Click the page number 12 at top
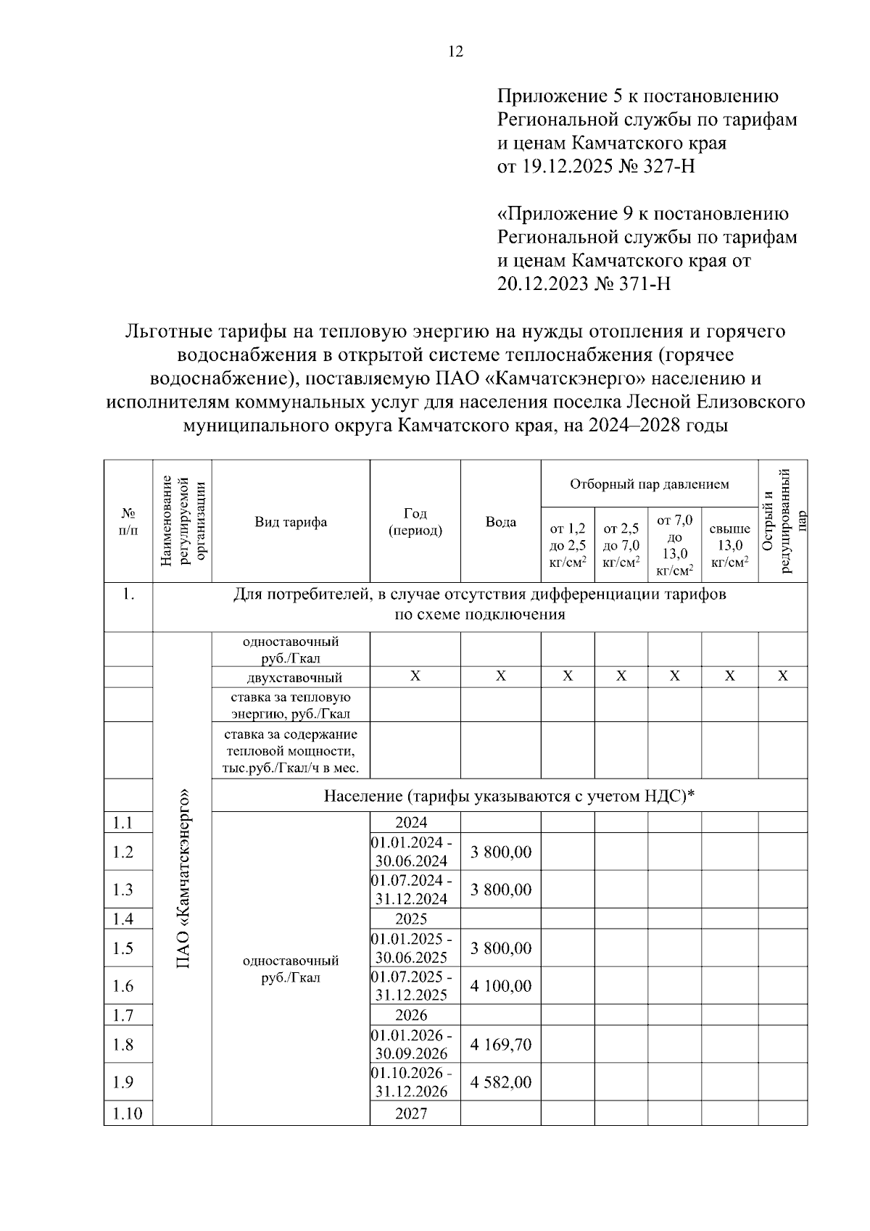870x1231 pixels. (456, 52)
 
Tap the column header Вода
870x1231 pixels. (500, 522)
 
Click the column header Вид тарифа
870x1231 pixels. (291, 522)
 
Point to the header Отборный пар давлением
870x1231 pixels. (649, 484)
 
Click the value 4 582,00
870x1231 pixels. (500, 1082)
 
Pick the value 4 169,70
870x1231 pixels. (500, 1045)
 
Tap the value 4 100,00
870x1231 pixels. (500, 986)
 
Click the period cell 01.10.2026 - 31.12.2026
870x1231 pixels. (411, 1082)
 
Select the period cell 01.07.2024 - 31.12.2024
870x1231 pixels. (411, 890)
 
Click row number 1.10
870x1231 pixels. (128, 1114)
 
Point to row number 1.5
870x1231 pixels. (123, 948)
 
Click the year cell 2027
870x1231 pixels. (411, 1114)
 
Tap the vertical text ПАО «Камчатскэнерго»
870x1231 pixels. (183, 878)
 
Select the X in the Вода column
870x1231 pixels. (500, 676)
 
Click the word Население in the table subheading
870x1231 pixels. (362, 796)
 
